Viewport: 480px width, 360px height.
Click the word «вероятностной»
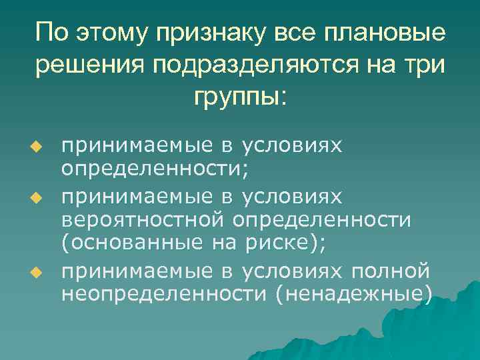(144, 219)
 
